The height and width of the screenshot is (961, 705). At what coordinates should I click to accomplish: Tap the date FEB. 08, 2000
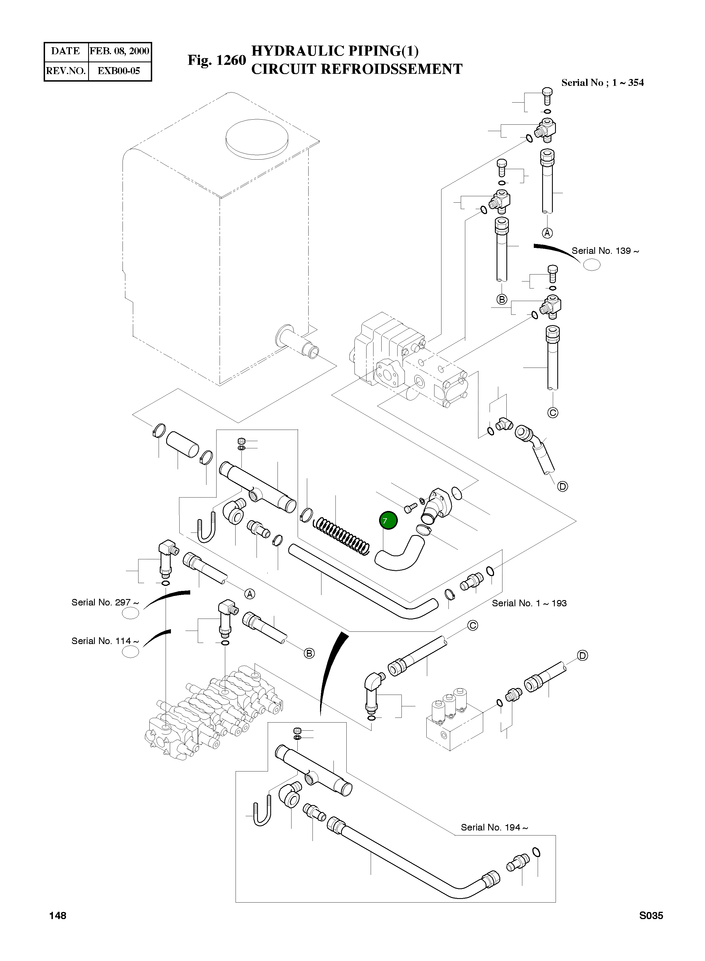119,51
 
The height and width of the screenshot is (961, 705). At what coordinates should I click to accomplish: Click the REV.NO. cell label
66,71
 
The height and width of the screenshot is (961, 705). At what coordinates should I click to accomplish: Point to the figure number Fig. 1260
217,60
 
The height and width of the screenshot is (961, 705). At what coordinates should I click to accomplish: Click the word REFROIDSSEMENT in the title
391,69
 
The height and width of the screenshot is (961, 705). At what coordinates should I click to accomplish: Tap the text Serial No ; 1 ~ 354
602,83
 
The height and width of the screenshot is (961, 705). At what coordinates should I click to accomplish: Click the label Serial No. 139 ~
605,251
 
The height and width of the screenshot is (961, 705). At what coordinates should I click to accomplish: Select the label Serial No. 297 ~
105,602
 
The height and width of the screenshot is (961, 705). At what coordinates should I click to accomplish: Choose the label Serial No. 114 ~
105,641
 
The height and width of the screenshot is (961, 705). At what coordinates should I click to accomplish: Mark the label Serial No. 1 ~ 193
529,603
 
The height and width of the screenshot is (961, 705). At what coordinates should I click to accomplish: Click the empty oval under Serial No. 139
591,265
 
